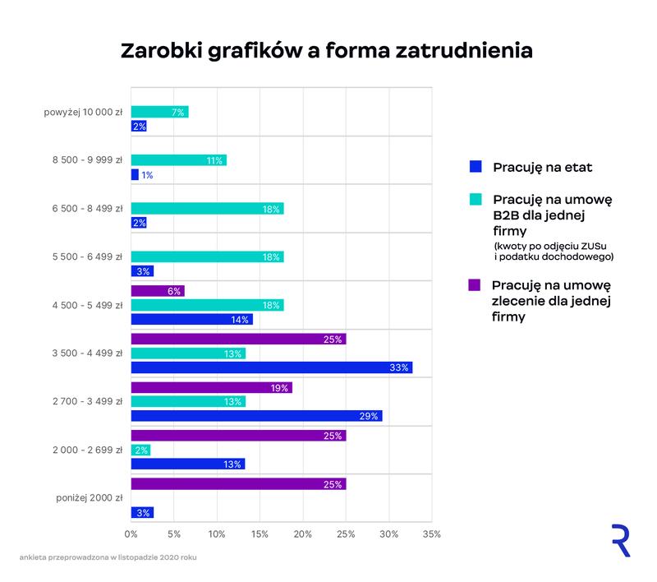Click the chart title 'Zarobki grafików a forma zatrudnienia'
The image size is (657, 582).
pyautogui.click(x=327, y=50)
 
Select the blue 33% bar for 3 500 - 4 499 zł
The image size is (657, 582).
pyautogui.click(x=271, y=367)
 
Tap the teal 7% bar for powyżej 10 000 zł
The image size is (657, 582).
pyautogui.click(x=159, y=112)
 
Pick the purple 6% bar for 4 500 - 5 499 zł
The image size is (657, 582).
pyautogui.click(x=158, y=291)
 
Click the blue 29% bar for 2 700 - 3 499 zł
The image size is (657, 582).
pyautogui.click(x=256, y=416)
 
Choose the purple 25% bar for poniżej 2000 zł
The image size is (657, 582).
pyautogui.click(x=238, y=484)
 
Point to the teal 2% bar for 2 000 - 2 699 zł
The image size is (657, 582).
pyautogui.click(x=140, y=450)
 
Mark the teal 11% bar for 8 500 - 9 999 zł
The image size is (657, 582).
pyautogui.click(x=178, y=160)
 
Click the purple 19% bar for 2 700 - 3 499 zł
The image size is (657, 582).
pyautogui.click(x=211, y=387)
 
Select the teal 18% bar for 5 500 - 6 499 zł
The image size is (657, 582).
pyautogui.click(x=207, y=256)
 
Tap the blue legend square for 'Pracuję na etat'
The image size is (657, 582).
pyautogui.click(x=474, y=167)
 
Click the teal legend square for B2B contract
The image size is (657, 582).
pyautogui.click(x=474, y=200)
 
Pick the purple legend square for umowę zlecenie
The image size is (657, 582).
pyautogui.click(x=474, y=285)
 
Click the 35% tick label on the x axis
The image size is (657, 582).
pyautogui.click(x=432, y=534)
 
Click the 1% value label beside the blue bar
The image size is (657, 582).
pyautogui.click(x=148, y=175)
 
